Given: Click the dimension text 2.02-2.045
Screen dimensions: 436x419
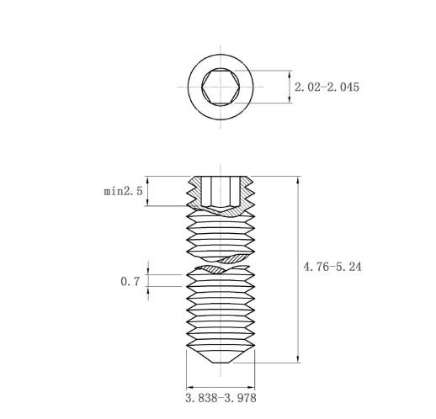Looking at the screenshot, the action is click(x=327, y=87).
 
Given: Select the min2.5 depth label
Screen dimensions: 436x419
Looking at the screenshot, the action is click(x=123, y=191).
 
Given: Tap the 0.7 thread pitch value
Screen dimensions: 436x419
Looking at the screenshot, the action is click(x=130, y=281).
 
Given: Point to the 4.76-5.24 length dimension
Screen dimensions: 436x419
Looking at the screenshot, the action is click(x=332, y=267).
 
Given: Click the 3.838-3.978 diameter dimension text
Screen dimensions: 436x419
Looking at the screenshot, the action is click(x=221, y=398).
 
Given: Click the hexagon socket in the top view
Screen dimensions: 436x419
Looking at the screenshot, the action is click(x=221, y=87).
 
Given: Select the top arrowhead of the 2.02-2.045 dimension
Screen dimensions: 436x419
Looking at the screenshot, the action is click(x=290, y=74).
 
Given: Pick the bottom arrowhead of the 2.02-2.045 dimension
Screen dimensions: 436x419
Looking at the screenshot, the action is click(x=290, y=99).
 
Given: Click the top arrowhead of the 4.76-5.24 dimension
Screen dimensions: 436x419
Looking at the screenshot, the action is click(x=298, y=180).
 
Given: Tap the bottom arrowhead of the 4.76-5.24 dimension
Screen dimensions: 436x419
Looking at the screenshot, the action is click(x=298, y=359).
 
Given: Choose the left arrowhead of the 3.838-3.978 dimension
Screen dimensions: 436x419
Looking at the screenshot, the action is click(x=190, y=388).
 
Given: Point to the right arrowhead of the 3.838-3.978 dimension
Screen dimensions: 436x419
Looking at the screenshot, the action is click(x=251, y=388).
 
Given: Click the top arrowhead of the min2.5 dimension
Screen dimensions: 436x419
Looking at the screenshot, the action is click(x=148, y=180).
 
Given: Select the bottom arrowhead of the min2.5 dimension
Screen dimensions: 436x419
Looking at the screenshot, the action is click(x=148, y=202).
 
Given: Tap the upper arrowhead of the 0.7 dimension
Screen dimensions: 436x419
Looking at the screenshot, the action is click(x=148, y=271).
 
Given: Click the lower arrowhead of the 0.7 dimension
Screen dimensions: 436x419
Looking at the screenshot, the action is click(x=148, y=290).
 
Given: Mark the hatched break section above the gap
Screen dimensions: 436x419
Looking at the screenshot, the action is click(x=234, y=258).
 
